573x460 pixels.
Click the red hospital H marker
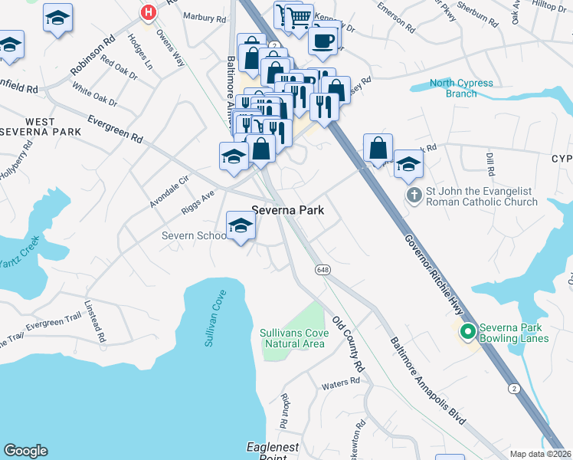tap(148, 12)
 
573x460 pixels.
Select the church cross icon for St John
tap(414, 195)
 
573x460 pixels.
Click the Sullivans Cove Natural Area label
tap(294, 338)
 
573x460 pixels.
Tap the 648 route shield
tap(322, 270)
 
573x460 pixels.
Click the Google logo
tap(25, 451)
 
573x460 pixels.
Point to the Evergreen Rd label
tap(115, 129)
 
